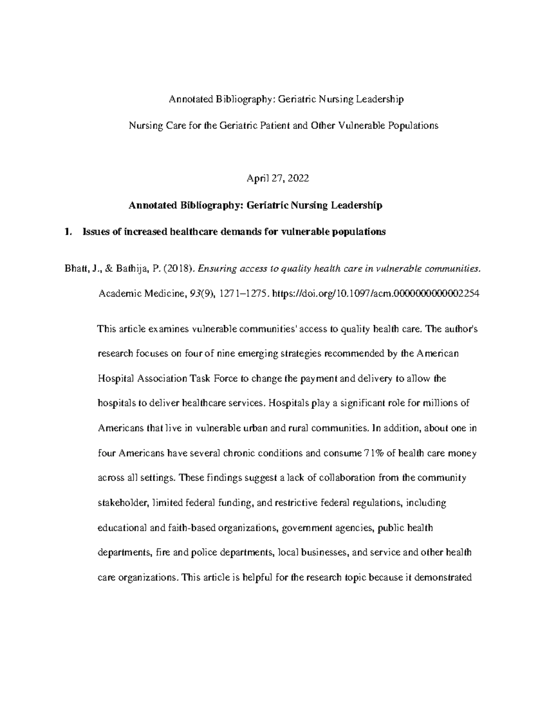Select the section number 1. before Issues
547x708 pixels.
click(68, 232)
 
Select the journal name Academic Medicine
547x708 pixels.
click(141, 294)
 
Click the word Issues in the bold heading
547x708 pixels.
click(96, 232)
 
